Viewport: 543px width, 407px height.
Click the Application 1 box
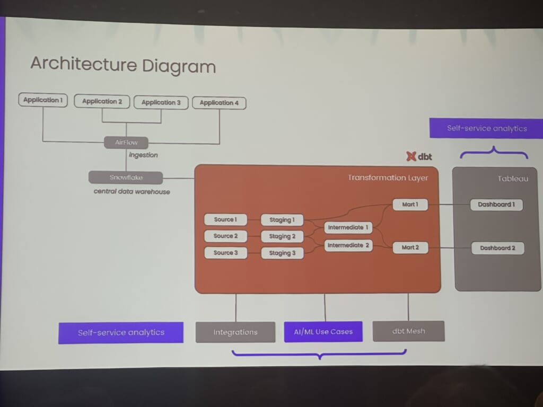click(x=43, y=100)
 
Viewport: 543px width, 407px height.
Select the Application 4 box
click(x=219, y=103)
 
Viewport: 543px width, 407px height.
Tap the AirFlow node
click(x=126, y=142)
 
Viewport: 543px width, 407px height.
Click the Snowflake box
click(x=126, y=178)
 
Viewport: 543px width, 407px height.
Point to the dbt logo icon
click(x=411, y=156)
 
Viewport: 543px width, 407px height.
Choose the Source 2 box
click(x=225, y=236)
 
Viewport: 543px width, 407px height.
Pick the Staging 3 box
click(x=282, y=253)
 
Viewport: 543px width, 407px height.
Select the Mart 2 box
click(x=410, y=247)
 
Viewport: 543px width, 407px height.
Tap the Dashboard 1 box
click(x=496, y=205)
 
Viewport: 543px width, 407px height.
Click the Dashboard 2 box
click(x=497, y=247)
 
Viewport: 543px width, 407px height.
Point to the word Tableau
click(x=513, y=179)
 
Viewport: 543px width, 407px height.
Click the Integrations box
click(x=235, y=332)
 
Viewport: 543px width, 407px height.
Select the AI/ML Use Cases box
click(x=323, y=332)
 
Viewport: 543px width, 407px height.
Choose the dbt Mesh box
click(x=408, y=331)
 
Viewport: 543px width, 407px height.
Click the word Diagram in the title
click(x=178, y=66)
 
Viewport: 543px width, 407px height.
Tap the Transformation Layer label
click(x=388, y=178)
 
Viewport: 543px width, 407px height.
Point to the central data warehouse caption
click(x=132, y=191)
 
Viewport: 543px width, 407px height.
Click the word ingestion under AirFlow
click(x=143, y=155)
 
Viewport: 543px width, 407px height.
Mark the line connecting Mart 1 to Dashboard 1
click(x=449, y=204)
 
